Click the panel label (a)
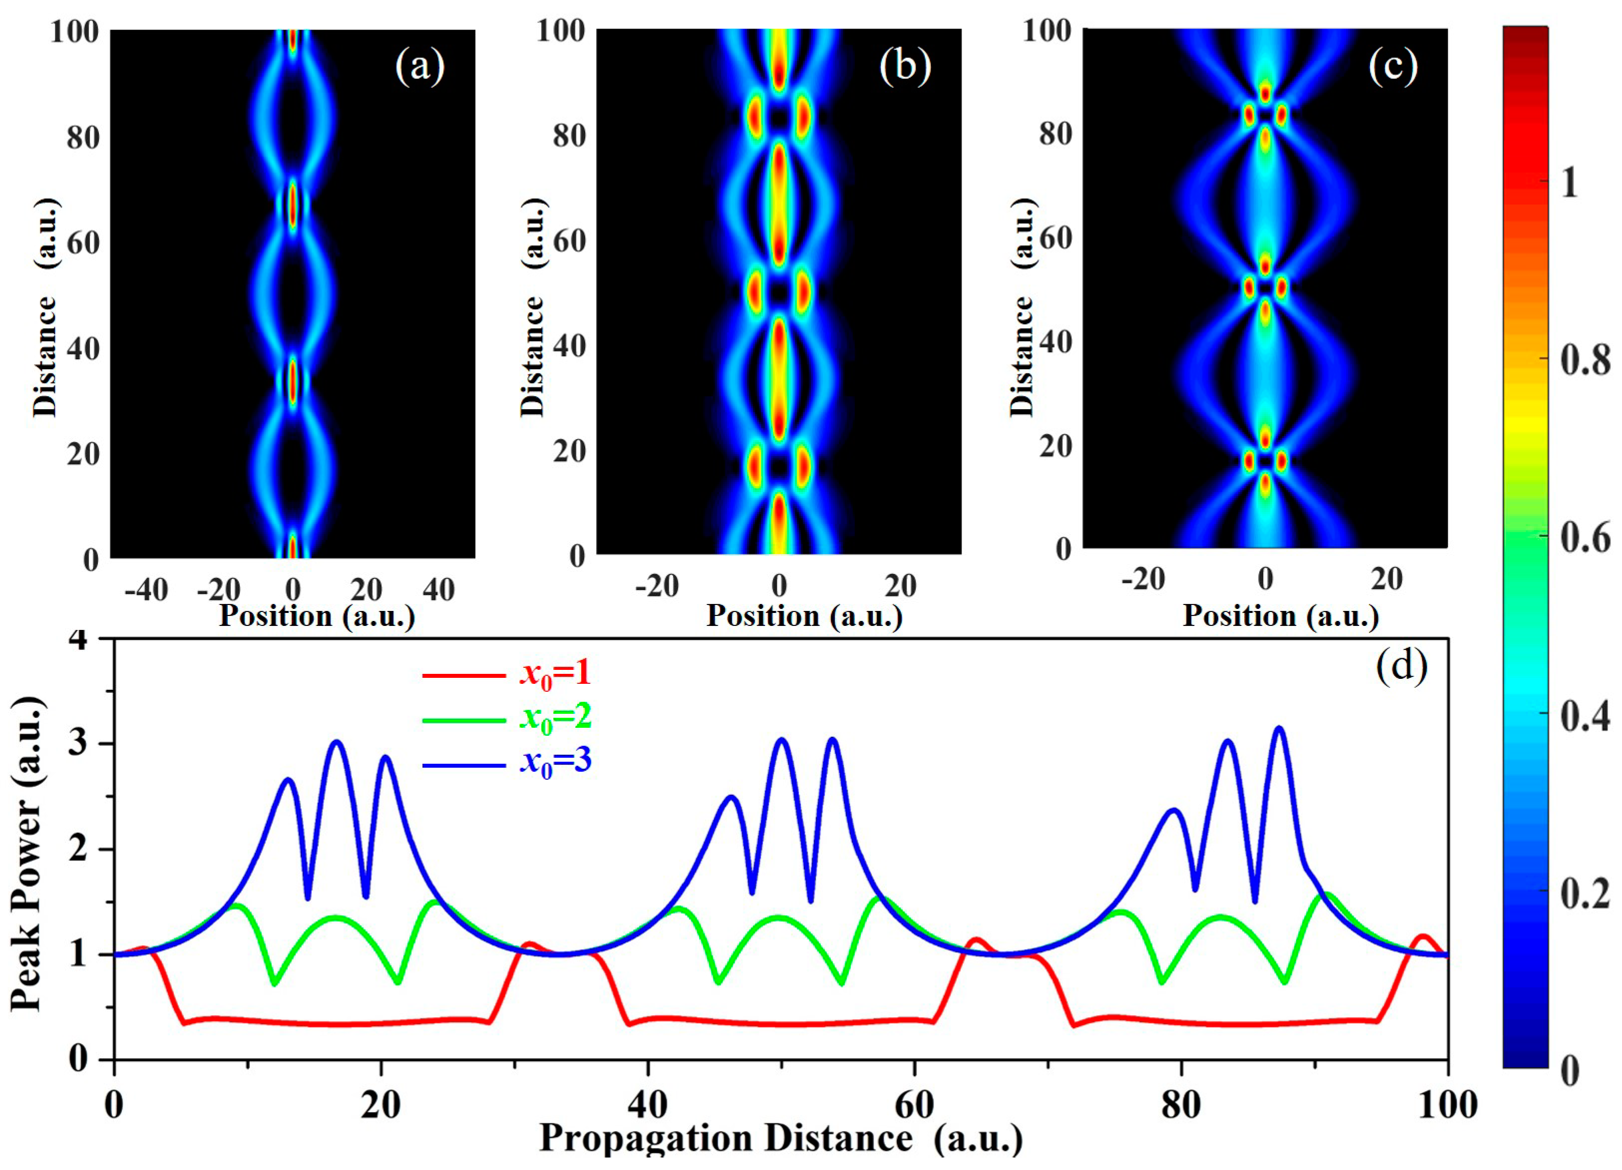[420, 66]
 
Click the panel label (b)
[905, 66]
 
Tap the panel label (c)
[1392, 66]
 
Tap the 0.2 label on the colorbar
[1584, 893]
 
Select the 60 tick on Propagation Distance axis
[914, 1106]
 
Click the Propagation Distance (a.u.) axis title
[780, 1139]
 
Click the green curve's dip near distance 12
[274, 984]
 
